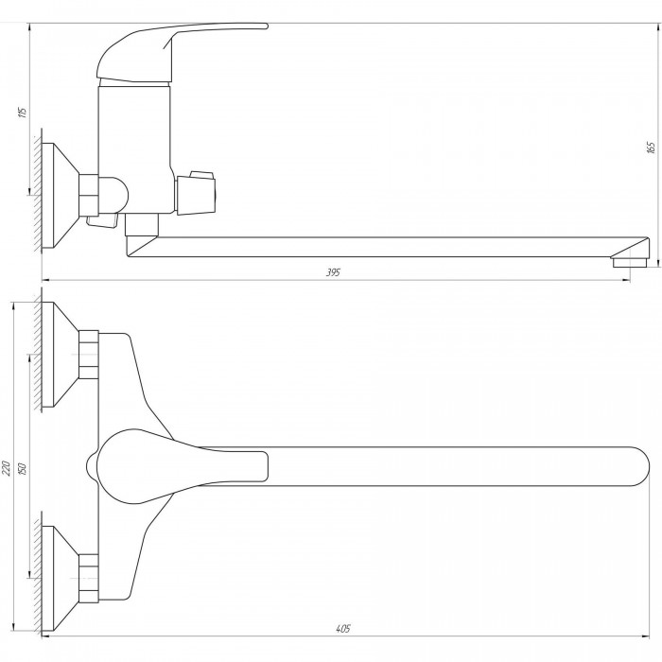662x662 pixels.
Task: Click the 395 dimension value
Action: tap(333, 272)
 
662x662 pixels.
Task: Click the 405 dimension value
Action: tap(343, 629)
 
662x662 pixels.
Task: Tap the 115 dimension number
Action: tap(23, 113)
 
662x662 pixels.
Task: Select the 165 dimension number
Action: tap(651, 148)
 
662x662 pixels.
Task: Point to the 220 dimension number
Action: tap(8, 468)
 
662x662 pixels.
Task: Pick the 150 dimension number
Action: tap(23, 469)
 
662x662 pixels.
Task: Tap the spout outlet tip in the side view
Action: tap(630, 263)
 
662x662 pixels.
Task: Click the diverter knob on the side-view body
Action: tap(197, 193)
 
